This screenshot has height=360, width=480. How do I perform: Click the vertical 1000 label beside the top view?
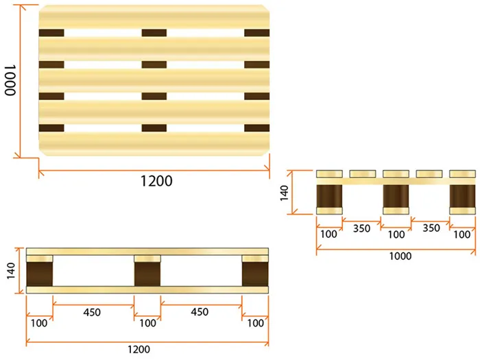pyautogui.click(x=10, y=80)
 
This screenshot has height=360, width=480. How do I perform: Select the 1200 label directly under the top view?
pyautogui.click(x=156, y=181)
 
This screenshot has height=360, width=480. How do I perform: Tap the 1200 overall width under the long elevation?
pyautogui.click(x=139, y=349)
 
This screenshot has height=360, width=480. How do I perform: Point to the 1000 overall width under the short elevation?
pyautogui.click(x=400, y=256)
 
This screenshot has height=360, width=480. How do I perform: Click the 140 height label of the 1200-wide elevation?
pyautogui.click(x=11, y=271)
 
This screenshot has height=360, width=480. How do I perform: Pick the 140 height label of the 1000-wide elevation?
pyautogui.click(x=285, y=193)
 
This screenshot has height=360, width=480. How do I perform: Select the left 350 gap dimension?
pyautogui.click(x=361, y=228)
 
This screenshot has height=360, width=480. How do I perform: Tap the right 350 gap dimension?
pyautogui.click(x=431, y=228)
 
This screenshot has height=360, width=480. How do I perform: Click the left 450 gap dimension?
pyautogui.click(x=92, y=312)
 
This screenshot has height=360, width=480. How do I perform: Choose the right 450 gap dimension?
pyautogui.click(x=200, y=312)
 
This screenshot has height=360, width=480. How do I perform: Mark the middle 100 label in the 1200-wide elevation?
pyautogui.click(x=147, y=323)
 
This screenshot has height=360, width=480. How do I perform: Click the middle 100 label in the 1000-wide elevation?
pyautogui.click(x=396, y=235)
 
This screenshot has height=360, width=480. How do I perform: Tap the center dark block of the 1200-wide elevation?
pyautogui.click(x=147, y=274)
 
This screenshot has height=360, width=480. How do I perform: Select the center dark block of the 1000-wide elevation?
pyautogui.click(x=396, y=196)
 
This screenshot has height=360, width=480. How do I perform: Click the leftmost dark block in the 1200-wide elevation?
pyautogui.click(x=40, y=274)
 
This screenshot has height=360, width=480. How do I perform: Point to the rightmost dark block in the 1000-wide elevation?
pyautogui.click(x=462, y=196)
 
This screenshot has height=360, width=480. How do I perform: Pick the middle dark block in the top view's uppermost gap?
pyautogui.click(x=154, y=33)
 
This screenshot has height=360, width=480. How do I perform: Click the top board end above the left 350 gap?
pyautogui.click(x=363, y=174)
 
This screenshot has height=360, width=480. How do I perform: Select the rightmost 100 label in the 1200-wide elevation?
pyautogui.click(x=255, y=323)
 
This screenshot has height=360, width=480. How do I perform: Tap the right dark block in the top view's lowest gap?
pyautogui.click(x=257, y=128)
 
